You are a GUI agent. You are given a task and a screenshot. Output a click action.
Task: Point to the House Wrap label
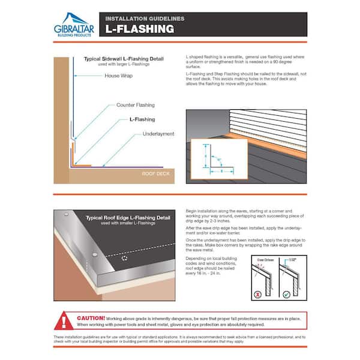(119, 76)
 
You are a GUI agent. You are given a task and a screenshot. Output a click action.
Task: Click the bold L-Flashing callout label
(142, 119)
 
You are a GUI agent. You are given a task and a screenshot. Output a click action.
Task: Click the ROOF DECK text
(155, 173)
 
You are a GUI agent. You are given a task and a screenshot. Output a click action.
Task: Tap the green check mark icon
(287, 295)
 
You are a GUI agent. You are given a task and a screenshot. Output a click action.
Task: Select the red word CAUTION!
(91, 317)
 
